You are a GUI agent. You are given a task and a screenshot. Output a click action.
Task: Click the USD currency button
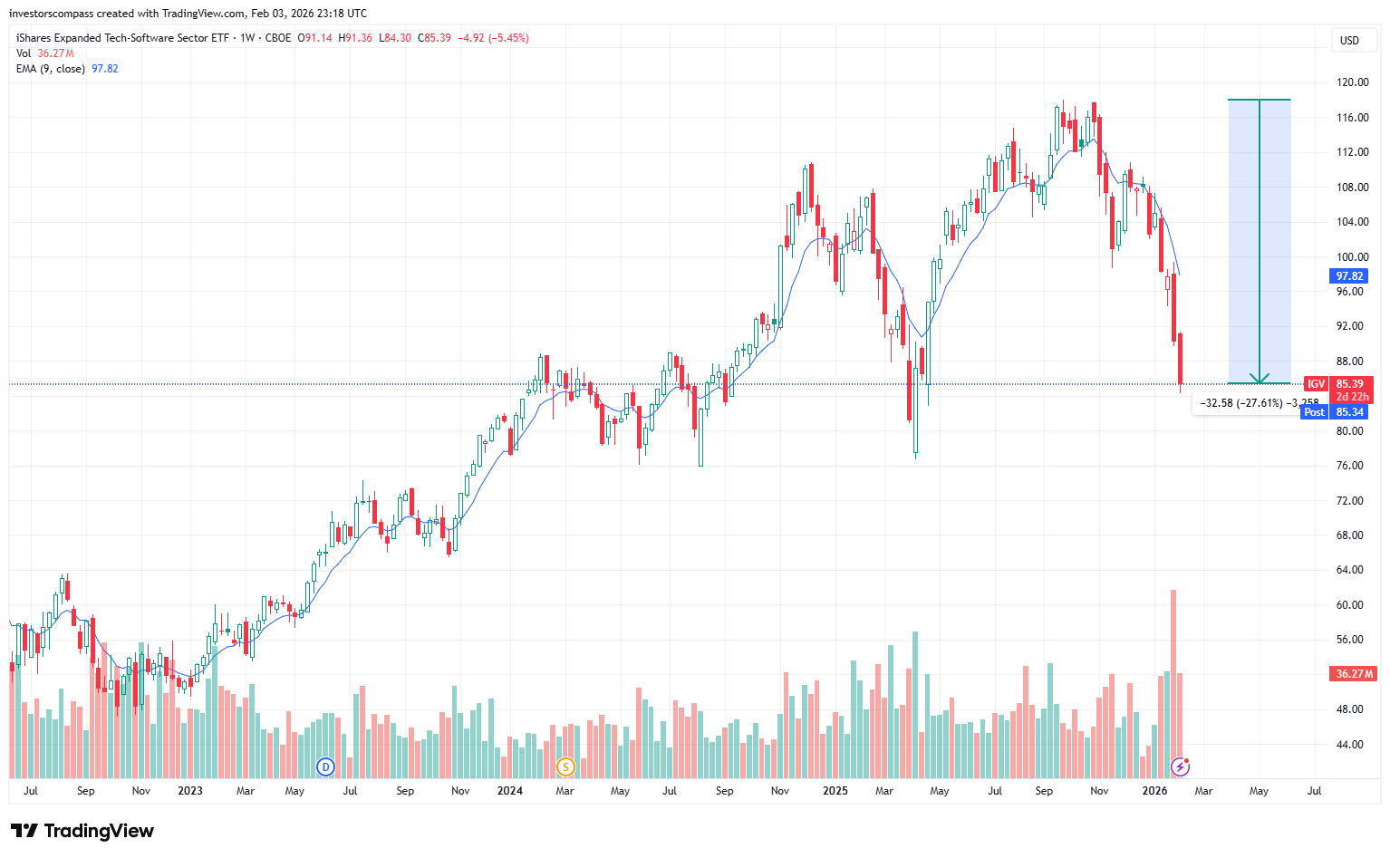coord(1349,40)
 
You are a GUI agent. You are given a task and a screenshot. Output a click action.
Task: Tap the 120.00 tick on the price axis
coord(1352,82)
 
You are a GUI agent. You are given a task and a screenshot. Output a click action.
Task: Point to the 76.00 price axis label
coord(1349,466)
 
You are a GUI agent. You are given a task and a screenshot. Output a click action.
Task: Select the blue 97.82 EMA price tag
coord(1349,276)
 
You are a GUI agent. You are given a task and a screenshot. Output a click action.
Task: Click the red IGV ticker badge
coord(1316,384)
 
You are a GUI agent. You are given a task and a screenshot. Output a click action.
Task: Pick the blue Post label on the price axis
coord(1314,412)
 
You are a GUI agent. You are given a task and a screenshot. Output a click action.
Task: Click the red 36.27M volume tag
coord(1354,674)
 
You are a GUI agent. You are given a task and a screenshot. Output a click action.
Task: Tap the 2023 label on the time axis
coord(190,791)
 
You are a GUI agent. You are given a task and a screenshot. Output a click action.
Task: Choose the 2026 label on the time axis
coord(1154,791)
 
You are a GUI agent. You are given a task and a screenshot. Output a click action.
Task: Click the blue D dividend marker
coord(325,767)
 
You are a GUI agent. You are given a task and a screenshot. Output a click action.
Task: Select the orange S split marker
coord(565,767)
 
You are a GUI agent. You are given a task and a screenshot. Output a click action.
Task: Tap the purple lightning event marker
coord(1180,767)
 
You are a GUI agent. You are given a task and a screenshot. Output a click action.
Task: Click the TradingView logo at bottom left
coord(82,831)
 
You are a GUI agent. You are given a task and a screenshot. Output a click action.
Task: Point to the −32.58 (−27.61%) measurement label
coord(1241,403)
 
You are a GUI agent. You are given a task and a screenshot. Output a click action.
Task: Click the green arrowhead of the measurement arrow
coord(1259,379)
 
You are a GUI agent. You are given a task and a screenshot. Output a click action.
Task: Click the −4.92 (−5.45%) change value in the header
coord(492,38)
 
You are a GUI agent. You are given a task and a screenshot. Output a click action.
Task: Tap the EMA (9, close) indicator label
coord(51,69)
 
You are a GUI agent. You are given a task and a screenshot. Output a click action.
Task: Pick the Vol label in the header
coord(24,53)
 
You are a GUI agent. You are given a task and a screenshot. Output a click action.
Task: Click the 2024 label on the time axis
coord(510,791)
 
